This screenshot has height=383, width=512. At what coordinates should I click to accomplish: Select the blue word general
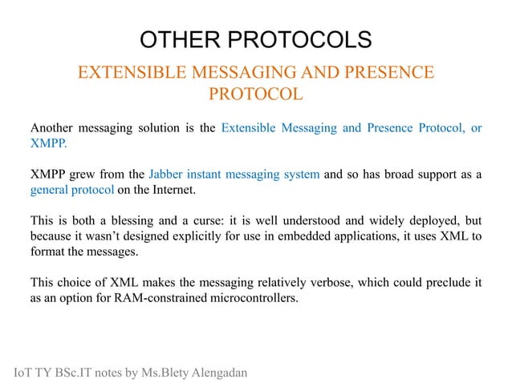50,191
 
